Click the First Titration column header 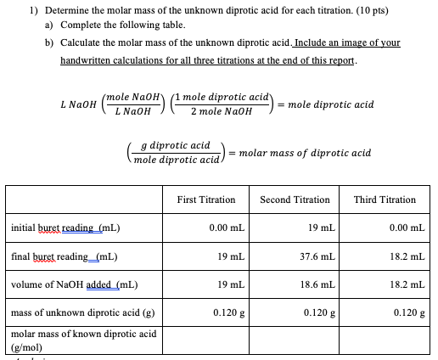[x=206, y=200]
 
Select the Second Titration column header [x=295, y=200]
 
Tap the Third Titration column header [x=385, y=200]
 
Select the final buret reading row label [x=65, y=256]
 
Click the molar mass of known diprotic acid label [x=83, y=340]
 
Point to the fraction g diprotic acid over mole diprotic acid [x=176, y=153]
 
